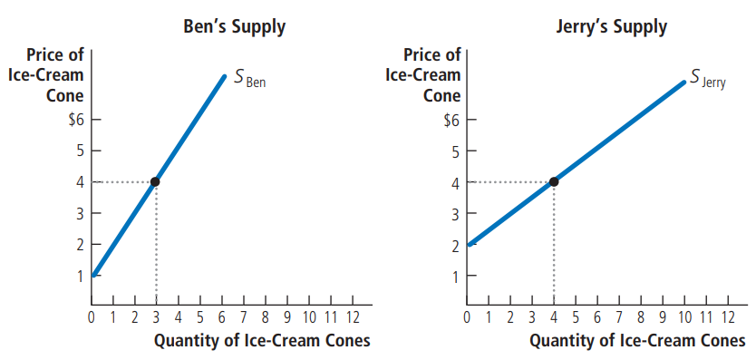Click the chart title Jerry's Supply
611,26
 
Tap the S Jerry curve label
707,79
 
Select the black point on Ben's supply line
155,181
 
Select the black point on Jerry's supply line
553,181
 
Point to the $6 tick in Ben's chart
76,119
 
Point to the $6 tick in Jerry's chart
451,119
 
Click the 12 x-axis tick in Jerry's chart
727,317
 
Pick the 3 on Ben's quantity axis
156,317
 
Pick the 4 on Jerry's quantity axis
553,317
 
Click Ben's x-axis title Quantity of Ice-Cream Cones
262,341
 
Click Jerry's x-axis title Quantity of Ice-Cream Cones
637,341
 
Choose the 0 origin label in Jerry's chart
467,317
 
